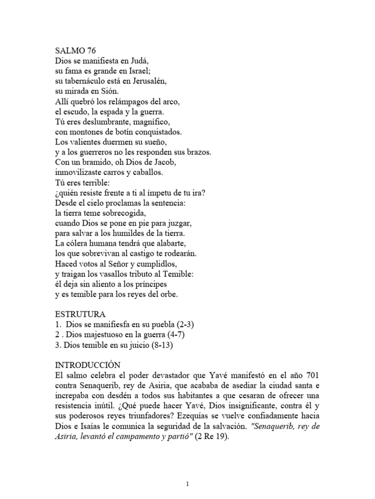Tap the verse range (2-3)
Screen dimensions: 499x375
pyautogui.click(x=187, y=325)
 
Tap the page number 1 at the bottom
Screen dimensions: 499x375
pyautogui.click(x=187, y=470)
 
